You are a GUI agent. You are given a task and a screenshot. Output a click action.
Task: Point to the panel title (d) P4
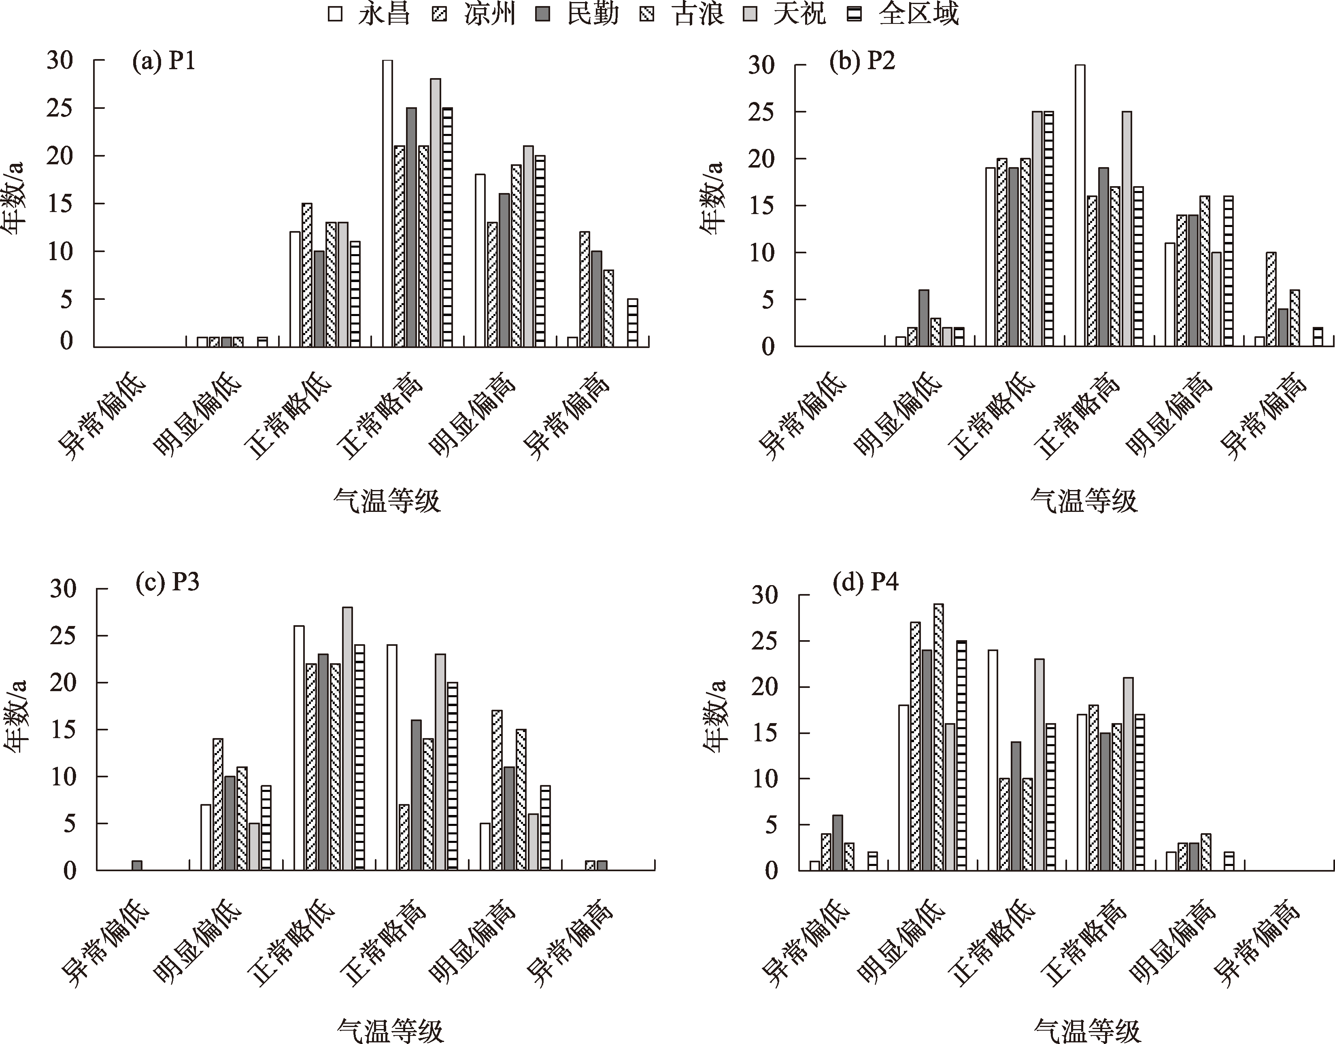pyautogui.click(x=865, y=583)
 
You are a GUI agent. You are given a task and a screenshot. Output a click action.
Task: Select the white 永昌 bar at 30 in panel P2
pyautogui.click(x=1080, y=206)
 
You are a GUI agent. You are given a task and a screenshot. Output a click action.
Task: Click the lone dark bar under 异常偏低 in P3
pyautogui.click(x=137, y=865)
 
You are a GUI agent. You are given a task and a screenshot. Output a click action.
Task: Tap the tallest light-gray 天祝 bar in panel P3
pyautogui.click(x=347, y=738)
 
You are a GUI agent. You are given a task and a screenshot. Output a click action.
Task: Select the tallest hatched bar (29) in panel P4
pyautogui.click(x=938, y=736)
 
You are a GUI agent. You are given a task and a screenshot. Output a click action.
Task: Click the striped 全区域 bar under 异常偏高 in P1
pyautogui.click(x=632, y=323)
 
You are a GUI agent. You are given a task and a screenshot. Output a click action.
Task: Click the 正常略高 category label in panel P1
pyautogui.click(x=381, y=418)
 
